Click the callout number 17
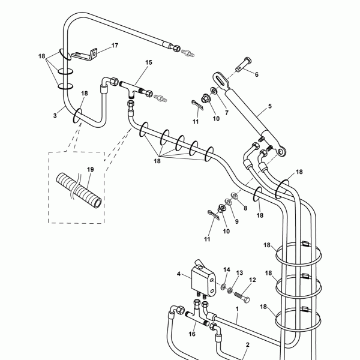[x=115, y=46]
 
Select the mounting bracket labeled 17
[x=85, y=55]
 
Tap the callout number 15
[x=149, y=62]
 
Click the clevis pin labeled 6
[x=244, y=64]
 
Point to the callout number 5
[x=270, y=106]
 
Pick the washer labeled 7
[x=214, y=91]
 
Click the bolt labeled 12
[x=242, y=297]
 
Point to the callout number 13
[x=239, y=273]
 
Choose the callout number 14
[x=227, y=269]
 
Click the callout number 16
[x=192, y=334]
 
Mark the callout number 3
[x=55, y=115]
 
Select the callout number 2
[x=247, y=344]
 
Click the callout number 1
[x=237, y=309]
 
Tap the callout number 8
[x=245, y=208]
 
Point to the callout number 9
[x=237, y=221]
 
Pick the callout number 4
[x=179, y=274]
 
